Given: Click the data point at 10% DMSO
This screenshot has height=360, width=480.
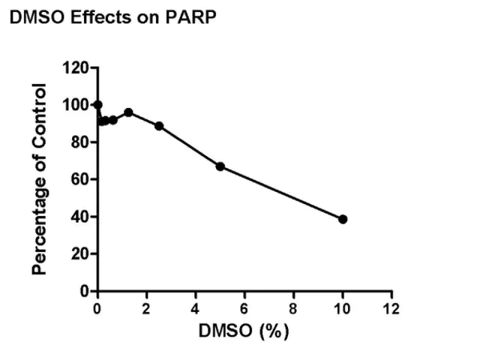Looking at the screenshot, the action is pyautogui.click(x=343, y=219).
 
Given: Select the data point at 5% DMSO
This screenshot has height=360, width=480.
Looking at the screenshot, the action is pyautogui.click(x=220, y=166).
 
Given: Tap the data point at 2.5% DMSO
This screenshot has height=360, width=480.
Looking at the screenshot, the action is pyautogui.click(x=159, y=126).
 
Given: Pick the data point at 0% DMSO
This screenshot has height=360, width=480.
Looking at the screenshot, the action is pyautogui.click(x=97, y=105).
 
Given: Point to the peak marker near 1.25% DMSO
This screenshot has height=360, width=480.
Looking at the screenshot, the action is pyautogui.click(x=128, y=112).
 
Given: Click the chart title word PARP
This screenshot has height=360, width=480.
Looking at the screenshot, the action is pyautogui.click(x=190, y=17).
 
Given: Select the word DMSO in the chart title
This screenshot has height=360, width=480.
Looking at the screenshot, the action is pyautogui.click(x=37, y=17).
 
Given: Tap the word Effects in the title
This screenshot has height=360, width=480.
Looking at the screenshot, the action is pyautogui.click(x=101, y=17).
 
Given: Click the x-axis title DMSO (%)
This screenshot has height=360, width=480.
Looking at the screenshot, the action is pyautogui.click(x=244, y=331).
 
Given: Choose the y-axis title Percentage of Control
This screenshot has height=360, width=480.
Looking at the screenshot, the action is pyautogui.click(x=39, y=179).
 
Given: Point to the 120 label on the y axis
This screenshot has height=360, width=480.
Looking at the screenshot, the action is pyautogui.click(x=75, y=67).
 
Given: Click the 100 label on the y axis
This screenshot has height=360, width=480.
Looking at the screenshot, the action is pyautogui.click(x=75, y=105).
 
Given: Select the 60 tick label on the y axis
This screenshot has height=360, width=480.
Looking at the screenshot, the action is pyautogui.click(x=79, y=179).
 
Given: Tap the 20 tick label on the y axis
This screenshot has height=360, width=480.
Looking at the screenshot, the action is pyautogui.click(x=79, y=253).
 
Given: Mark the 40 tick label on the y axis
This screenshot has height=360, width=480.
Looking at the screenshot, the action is pyautogui.click(x=79, y=217).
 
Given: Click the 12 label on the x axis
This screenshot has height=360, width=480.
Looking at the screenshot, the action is pyautogui.click(x=391, y=309).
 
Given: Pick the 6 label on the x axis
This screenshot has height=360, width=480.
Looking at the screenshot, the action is pyautogui.click(x=244, y=309).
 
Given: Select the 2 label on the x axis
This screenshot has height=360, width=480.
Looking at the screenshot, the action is pyautogui.click(x=146, y=309).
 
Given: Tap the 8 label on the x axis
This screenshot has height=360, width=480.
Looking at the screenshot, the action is pyautogui.click(x=293, y=309).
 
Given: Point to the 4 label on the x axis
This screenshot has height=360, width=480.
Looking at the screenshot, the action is pyautogui.click(x=195, y=309).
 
